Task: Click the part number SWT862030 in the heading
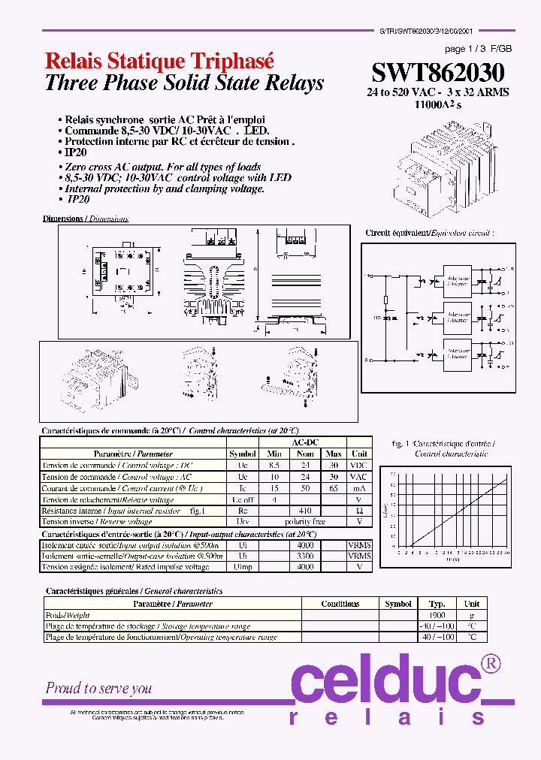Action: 438,73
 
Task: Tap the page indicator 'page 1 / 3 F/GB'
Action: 478,49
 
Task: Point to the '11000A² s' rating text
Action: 438,104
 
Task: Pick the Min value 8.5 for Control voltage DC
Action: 274,466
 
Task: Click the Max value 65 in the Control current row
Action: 334,488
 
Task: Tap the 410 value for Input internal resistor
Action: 304,511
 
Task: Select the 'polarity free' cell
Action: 304,521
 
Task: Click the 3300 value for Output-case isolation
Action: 304,556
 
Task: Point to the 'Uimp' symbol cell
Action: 242,567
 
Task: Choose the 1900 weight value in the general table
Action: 437,615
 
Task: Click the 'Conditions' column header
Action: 340,604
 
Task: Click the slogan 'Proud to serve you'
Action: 98,688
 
